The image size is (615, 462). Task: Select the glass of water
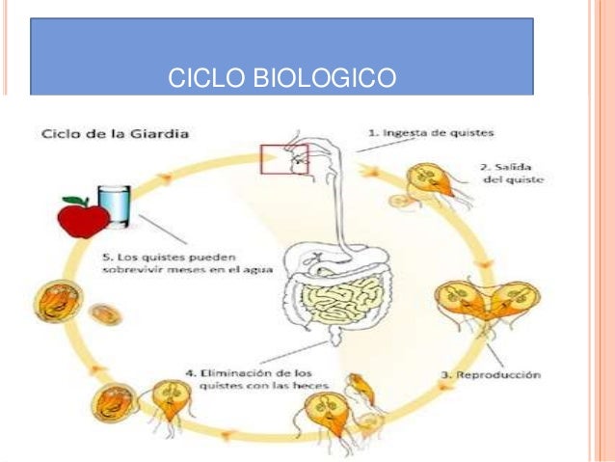[116, 204]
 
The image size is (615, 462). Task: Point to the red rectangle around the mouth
[284, 159]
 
